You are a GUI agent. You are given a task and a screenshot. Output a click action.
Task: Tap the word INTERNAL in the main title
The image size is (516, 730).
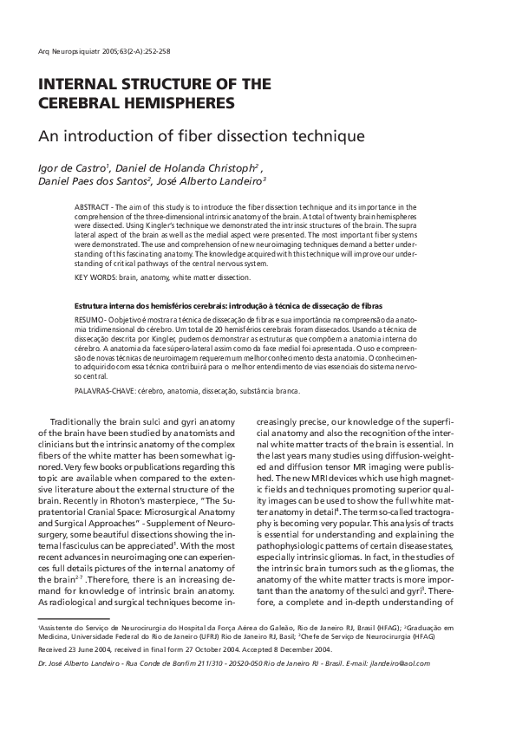(x=73, y=85)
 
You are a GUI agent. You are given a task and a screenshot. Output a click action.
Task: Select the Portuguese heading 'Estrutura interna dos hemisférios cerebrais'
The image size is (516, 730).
(x=149, y=307)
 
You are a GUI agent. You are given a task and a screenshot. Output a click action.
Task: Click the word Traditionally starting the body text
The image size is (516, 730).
(x=82, y=421)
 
